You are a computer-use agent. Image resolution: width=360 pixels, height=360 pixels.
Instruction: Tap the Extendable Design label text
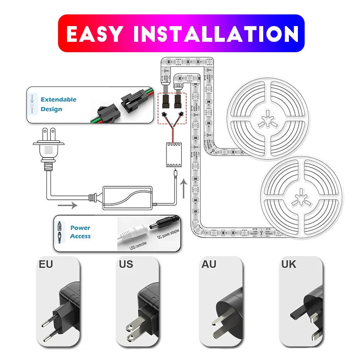pyautogui.click(x=58, y=104)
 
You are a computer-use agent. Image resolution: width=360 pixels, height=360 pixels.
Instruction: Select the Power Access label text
pyautogui.click(x=80, y=232)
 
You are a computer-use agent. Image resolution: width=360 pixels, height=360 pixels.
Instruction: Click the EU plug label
pyautogui.click(x=46, y=264)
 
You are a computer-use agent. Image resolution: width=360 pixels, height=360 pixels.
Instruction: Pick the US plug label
pyautogui.click(x=126, y=264)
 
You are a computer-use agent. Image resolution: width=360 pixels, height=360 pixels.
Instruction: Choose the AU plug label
pyautogui.click(x=208, y=264)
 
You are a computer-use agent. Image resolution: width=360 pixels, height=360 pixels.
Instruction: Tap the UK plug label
pyautogui.click(x=288, y=264)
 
